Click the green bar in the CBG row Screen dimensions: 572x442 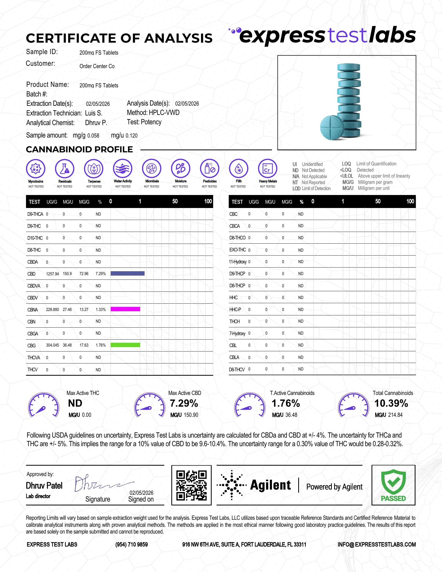coord(125,345)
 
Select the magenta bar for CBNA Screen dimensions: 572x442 coord(125,309)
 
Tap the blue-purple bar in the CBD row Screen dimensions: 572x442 coord(127,274)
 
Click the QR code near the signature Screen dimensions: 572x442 coord(191,485)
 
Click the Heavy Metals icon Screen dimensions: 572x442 coord(267,168)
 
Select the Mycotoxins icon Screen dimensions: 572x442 coord(36,168)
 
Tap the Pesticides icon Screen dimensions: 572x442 coord(210,168)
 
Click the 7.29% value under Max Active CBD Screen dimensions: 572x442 coord(184,403)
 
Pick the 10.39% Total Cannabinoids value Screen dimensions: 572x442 coord(391,403)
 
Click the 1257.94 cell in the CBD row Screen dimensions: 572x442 coord(52,274)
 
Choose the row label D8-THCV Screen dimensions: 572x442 coord(237,369)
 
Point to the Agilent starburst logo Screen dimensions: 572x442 coord(231,485)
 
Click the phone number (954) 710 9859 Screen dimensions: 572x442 coord(132,544)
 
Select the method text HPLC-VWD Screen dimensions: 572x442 coord(164,113)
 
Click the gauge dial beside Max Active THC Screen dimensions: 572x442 coord(43,405)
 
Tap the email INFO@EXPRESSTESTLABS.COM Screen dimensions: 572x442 coord(376,544)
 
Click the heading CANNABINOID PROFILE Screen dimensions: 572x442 coord(79,149)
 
